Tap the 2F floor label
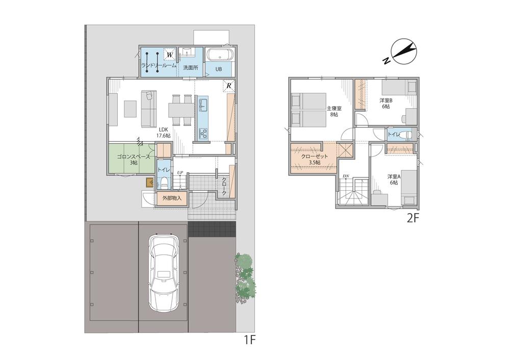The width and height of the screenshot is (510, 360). (413, 218)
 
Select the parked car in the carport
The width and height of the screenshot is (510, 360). (164, 272)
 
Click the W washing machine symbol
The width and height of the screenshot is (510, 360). (169, 55)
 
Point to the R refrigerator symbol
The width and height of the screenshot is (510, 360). (228, 86)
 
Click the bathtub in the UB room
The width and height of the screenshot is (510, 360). (219, 55)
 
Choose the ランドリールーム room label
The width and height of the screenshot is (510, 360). (159, 65)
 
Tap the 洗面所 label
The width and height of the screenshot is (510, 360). (190, 68)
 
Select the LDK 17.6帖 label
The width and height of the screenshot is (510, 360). (164, 133)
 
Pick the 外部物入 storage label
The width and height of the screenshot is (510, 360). (172, 198)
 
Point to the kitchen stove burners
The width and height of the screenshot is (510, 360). (203, 133)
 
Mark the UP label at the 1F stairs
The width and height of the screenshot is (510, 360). (180, 172)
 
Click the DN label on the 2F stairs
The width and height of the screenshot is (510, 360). (346, 176)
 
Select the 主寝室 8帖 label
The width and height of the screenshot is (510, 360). (334, 111)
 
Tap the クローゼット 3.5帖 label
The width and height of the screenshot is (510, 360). (314, 159)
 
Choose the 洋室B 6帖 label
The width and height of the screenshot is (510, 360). (386, 104)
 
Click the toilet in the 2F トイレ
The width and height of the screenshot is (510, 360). (405, 134)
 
